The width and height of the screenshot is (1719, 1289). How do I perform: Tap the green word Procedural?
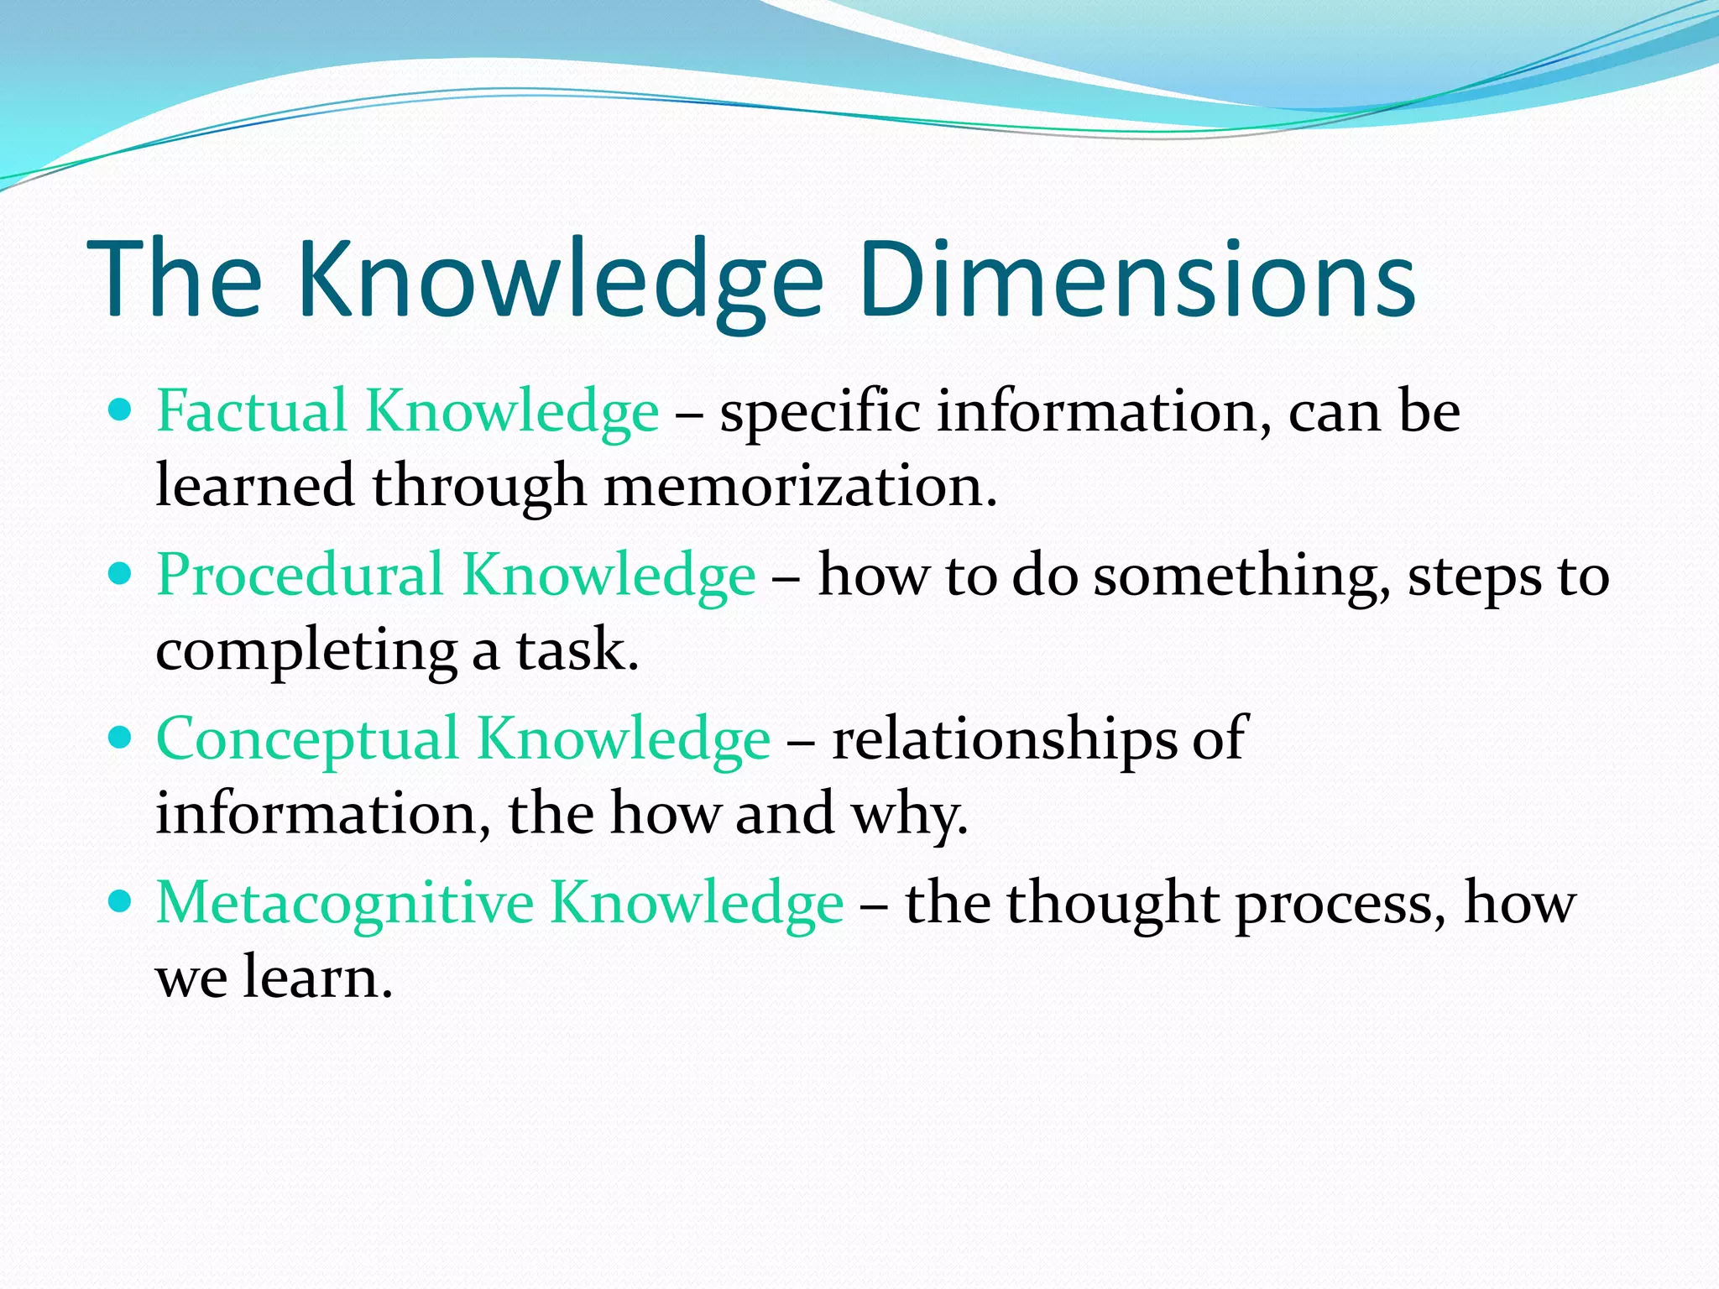[300, 576]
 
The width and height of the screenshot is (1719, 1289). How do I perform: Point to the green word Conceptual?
[307, 739]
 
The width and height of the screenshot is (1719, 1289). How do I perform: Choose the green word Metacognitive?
[344, 903]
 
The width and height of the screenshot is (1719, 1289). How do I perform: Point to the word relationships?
[1004, 739]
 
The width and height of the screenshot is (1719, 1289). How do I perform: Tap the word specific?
[819, 413]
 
